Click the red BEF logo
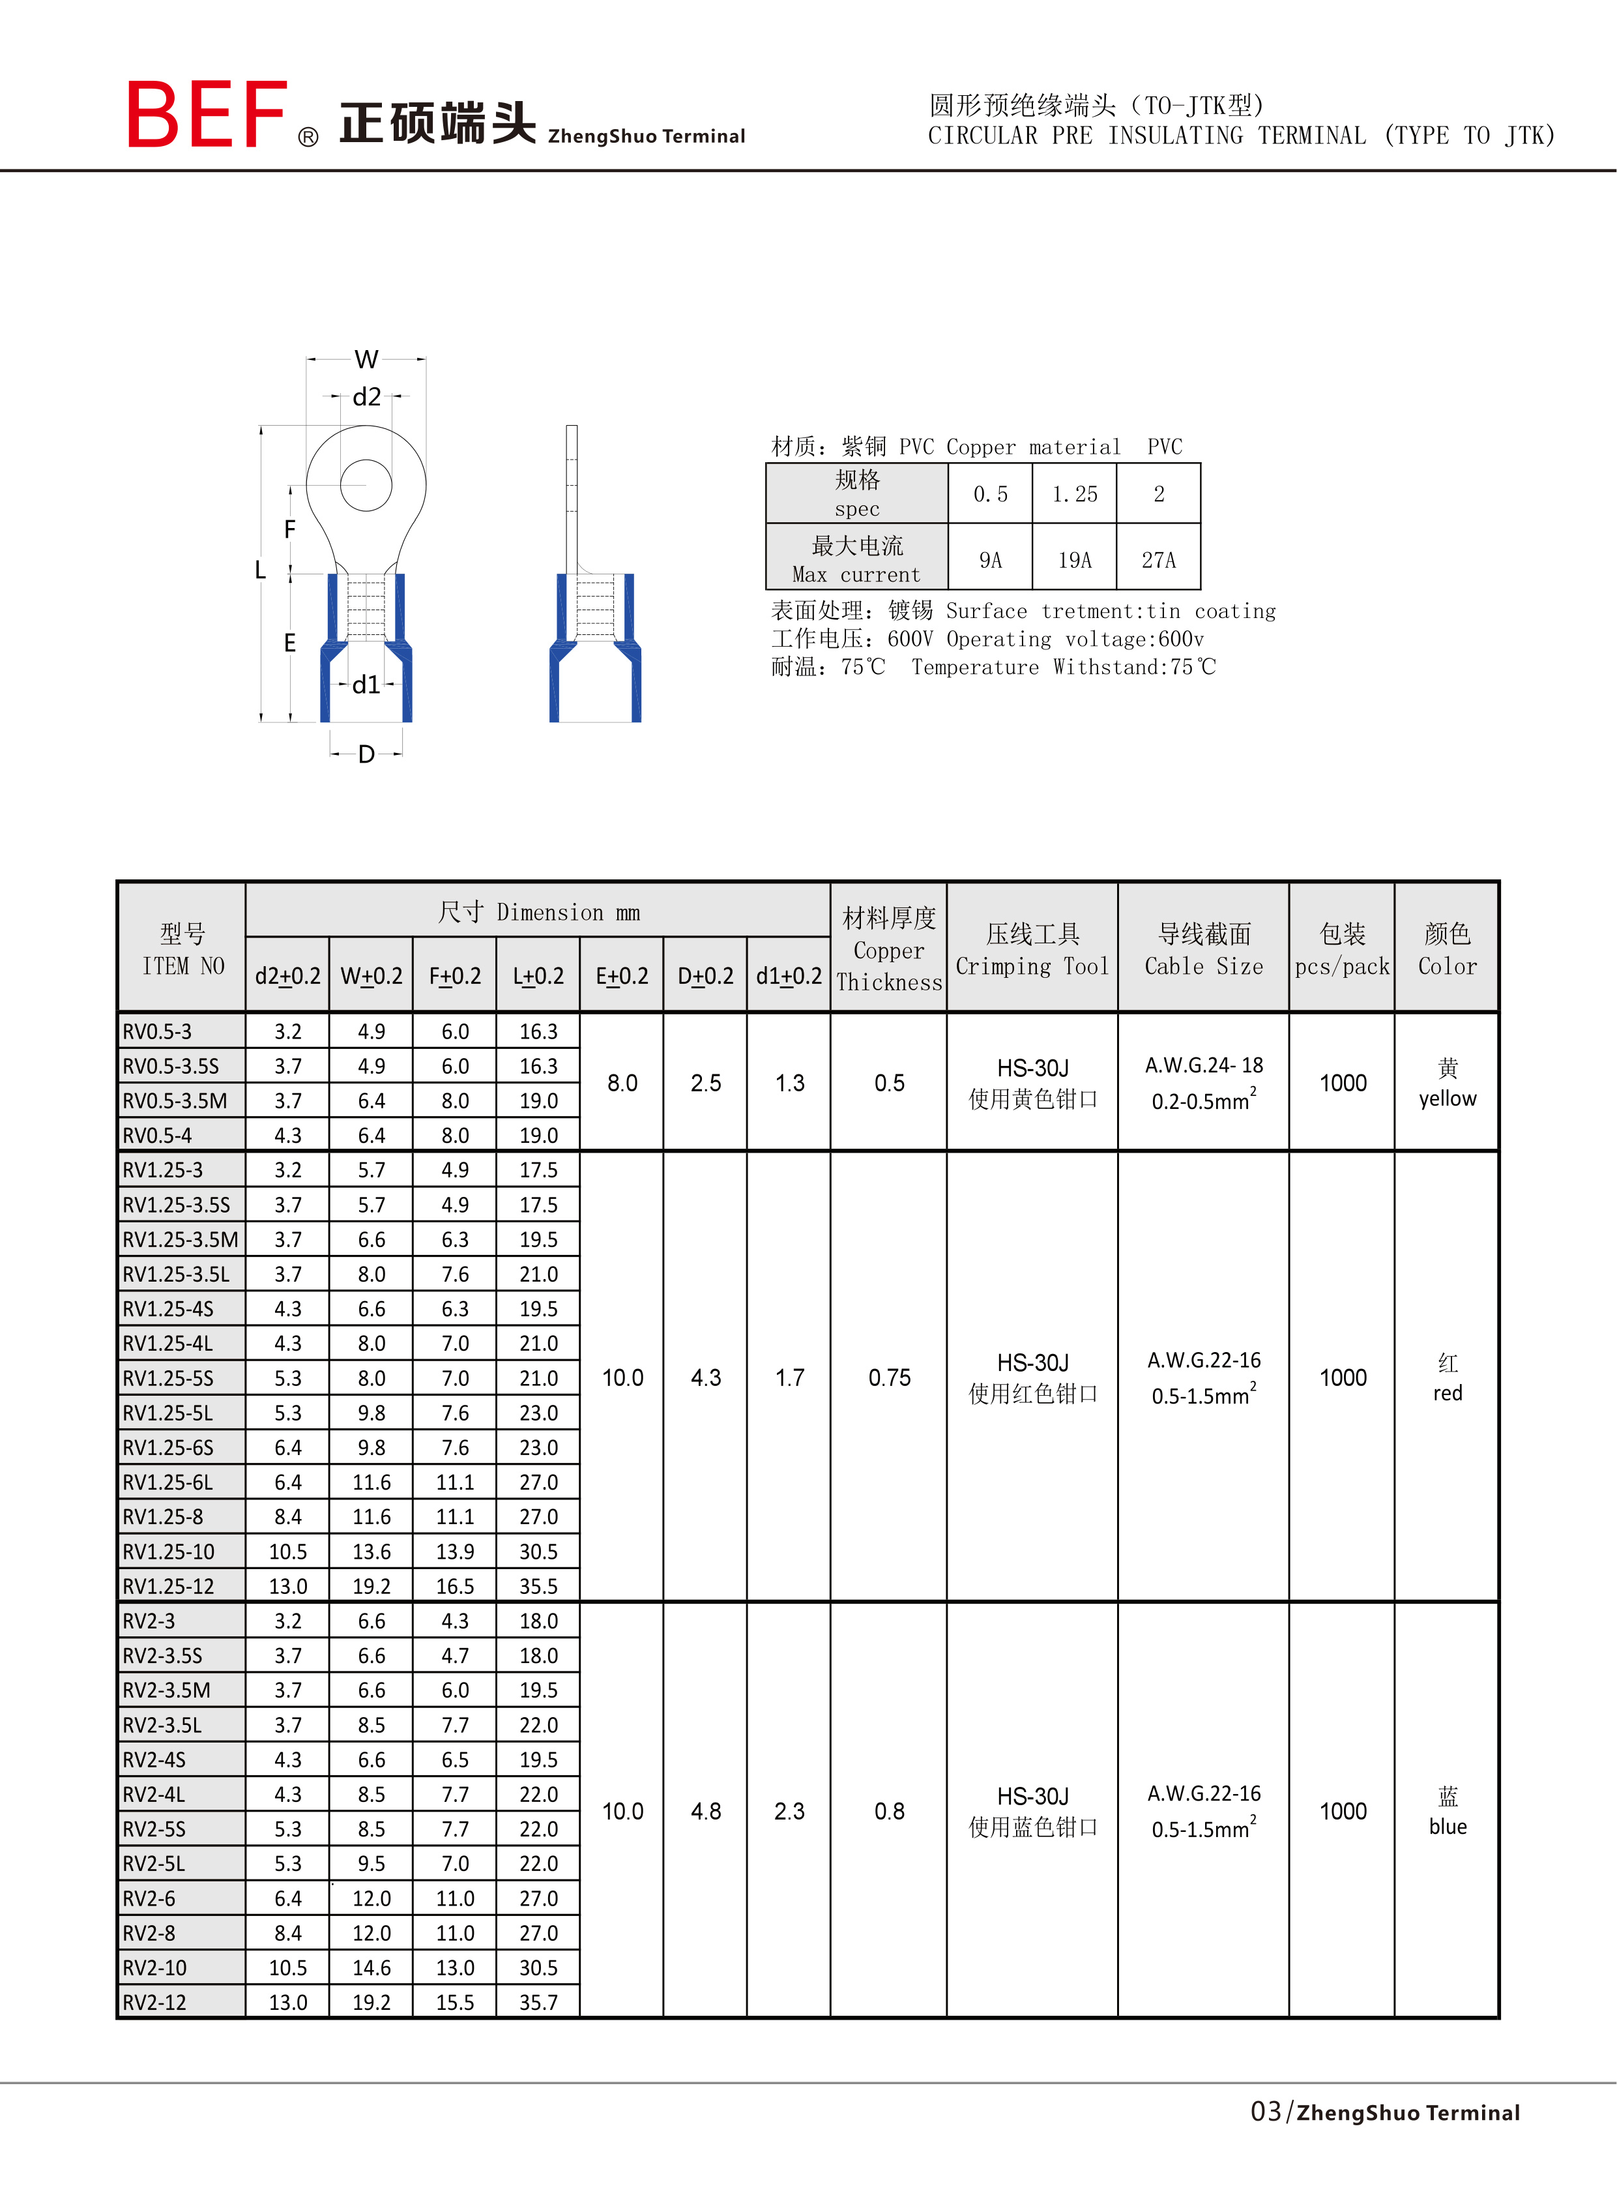click(x=207, y=115)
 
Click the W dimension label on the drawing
click(x=366, y=359)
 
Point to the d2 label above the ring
click(x=366, y=396)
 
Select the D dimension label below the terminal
click(x=366, y=754)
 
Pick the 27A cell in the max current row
click(x=1158, y=559)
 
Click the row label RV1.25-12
click(x=168, y=1586)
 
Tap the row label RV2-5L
click(x=154, y=1863)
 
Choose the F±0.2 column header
click(x=455, y=976)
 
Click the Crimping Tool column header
click(x=1032, y=966)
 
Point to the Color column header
click(x=1447, y=966)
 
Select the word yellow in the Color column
click(x=1447, y=1098)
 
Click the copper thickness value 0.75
click(x=889, y=1377)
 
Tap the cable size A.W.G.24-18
click(x=1204, y=1065)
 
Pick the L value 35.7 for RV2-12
click(x=538, y=2002)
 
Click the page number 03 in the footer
click(x=1266, y=2112)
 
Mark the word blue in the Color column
click(x=1447, y=1827)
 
